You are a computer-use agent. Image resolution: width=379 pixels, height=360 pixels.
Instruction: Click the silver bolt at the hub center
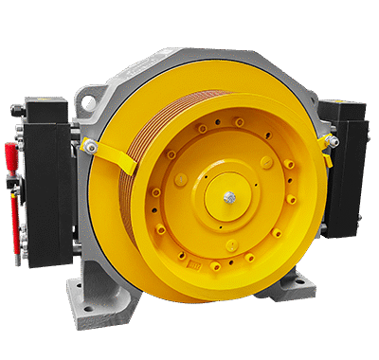click(230, 197)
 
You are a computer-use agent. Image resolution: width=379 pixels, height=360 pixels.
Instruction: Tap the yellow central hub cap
click(230, 197)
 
